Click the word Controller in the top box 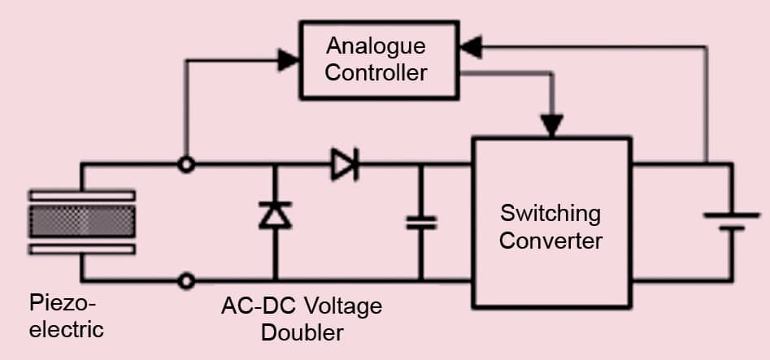click(x=375, y=72)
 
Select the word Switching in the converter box click(x=550, y=214)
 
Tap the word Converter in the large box click(x=550, y=241)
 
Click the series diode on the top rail click(x=344, y=165)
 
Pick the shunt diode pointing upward click(x=274, y=214)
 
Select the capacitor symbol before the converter click(x=421, y=223)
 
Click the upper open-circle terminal click(x=186, y=165)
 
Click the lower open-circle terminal click(x=186, y=281)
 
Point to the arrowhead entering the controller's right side click(x=471, y=49)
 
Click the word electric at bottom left click(x=67, y=329)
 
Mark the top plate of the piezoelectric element click(x=81, y=195)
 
